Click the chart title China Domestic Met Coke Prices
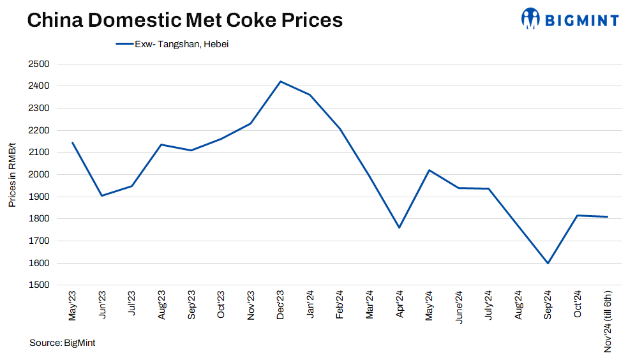184,20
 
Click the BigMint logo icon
531,19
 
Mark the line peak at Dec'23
280,82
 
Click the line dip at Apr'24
399,227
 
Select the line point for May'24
429,170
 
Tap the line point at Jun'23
101,195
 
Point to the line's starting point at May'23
72,142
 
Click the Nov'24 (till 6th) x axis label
608,321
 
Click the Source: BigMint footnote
63,343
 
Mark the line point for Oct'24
578,216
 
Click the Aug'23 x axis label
161,305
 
